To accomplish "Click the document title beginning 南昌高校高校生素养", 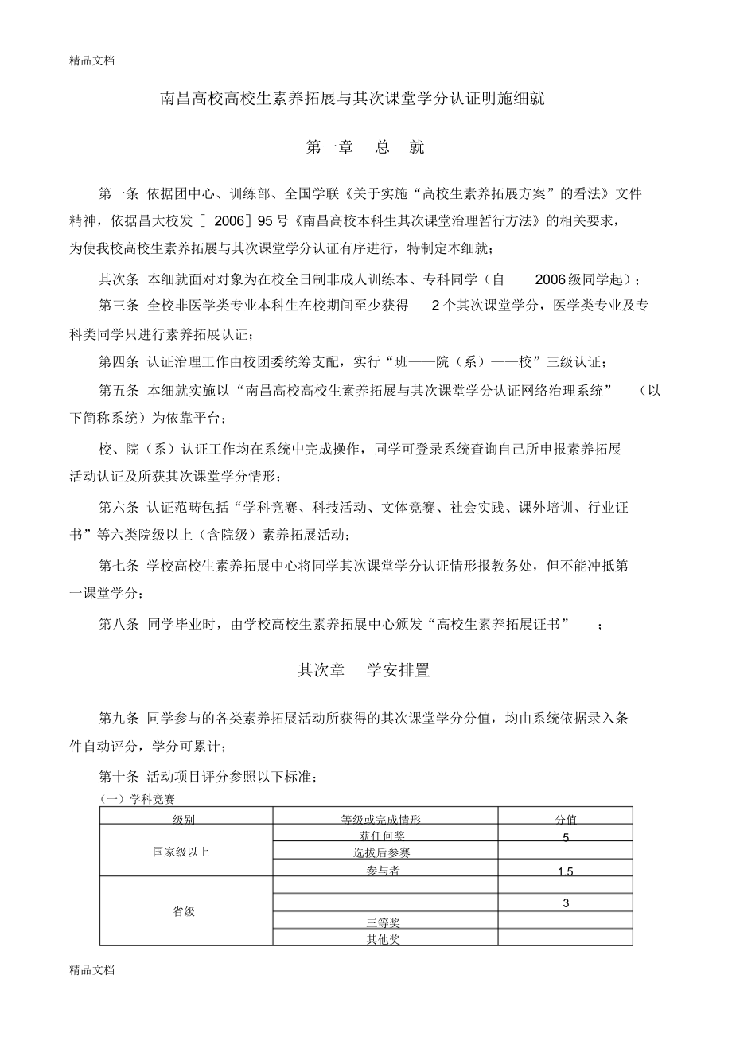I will pyautogui.click(x=365, y=101).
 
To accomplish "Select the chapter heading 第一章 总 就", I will pyautogui.click(x=365, y=147).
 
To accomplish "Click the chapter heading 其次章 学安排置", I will pyautogui.click(x=364, y=671).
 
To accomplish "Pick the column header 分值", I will pyautogui.click(x=566, y=818).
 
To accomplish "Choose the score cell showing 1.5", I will pyautogui.click(x=566, y=871).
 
